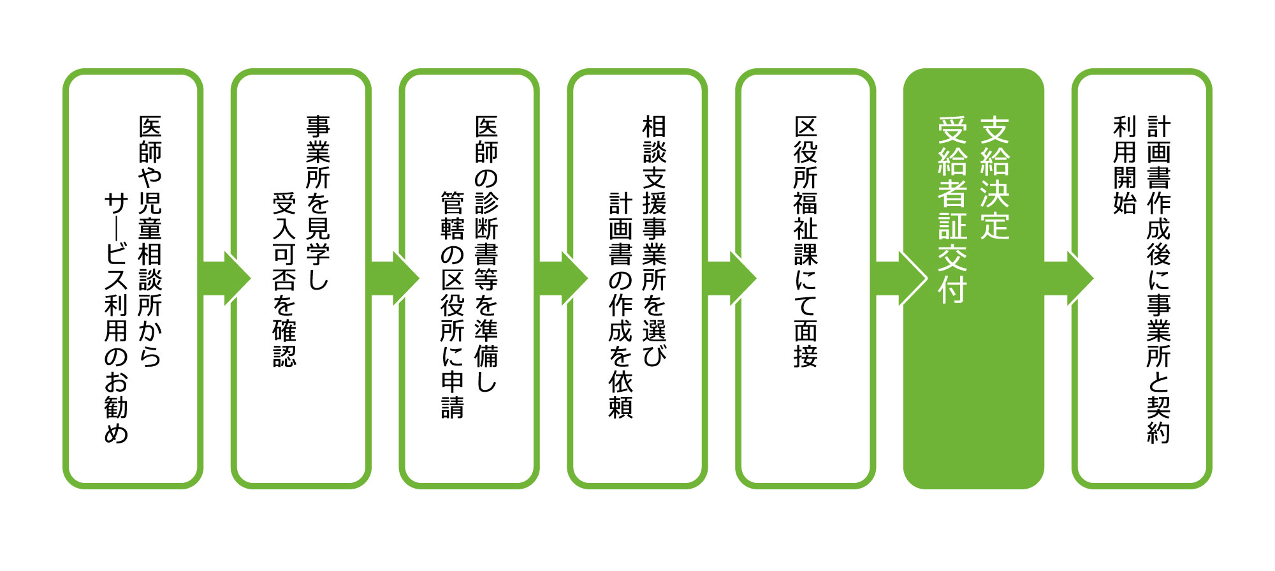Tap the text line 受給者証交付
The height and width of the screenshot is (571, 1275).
[x=952, y=209]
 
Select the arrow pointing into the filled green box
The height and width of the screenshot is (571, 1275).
[x=900, y=279]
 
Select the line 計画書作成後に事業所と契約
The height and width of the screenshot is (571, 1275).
[x=1159, y=279]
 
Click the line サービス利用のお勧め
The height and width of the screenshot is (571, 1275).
[x=117, y=318]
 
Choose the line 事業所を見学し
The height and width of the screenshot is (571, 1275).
[x=318, y=203]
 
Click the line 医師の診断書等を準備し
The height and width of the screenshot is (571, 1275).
[x=486, y=253]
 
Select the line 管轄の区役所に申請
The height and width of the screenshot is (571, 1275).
[x=453, y=304]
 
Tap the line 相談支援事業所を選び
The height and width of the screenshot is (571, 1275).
[x=655, y=241]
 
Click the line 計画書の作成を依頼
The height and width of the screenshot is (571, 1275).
[x=621, y=304]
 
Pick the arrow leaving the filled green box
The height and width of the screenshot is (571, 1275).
[x=1068, y=279]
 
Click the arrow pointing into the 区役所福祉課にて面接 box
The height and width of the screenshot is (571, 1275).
[x=732, y=279]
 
